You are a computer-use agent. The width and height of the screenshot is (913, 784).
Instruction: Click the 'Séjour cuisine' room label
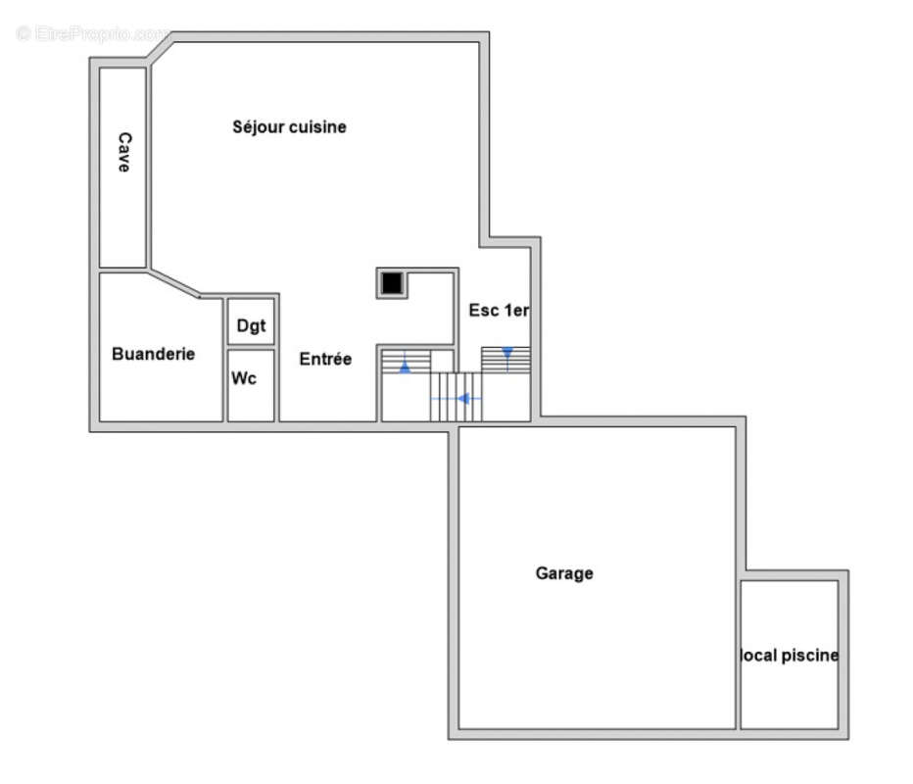[289, 127]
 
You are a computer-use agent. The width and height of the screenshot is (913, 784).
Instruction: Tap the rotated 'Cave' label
[124, 152]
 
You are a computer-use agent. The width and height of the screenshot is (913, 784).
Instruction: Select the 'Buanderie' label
[153, 354]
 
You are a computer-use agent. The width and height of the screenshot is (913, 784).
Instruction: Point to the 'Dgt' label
[251, 325]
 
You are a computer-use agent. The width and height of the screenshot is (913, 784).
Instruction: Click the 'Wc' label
[243, 378]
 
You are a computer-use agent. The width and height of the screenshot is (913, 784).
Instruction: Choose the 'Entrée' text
[325, 359]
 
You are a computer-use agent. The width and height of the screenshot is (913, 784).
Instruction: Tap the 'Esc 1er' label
[499, 310]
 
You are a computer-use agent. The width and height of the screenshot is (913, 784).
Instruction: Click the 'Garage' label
[564, 573]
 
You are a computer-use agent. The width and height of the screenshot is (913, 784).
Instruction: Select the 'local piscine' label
[789, 656]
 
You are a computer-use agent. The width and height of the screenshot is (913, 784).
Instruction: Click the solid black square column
[392, 283]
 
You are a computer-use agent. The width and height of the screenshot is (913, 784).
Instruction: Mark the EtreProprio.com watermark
[93, 33]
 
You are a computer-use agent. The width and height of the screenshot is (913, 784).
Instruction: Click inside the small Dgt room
[251, 320]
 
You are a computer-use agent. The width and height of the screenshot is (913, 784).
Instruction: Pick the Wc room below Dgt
[251, 385]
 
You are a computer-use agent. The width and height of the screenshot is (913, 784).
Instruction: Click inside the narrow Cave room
[122, 168]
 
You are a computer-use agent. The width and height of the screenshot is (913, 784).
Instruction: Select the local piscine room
[789, 654]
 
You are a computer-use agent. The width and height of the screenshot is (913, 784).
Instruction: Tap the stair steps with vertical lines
[456, 397]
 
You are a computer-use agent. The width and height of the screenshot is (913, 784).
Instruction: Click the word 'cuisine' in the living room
[318, 127]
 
